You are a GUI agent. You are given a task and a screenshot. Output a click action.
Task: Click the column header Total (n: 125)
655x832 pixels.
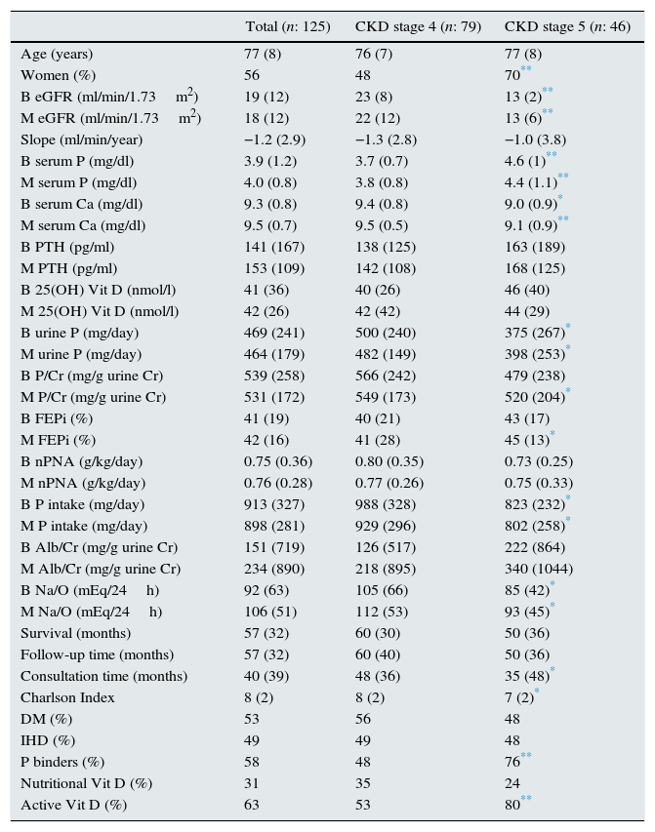coord(288,26)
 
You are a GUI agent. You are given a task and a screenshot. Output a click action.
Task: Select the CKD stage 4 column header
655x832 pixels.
coord(418,26)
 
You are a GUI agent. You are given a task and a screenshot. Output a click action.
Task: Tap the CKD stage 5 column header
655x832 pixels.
coord(567,26)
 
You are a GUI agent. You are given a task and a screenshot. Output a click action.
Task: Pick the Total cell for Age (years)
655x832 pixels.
coord(262,54)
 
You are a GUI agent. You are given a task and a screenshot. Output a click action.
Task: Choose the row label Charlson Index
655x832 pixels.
coord(67,697)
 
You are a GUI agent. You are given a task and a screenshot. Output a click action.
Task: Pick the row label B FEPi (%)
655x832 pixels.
coord(58,418)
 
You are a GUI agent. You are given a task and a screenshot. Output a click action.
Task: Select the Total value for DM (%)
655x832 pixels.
coord(253,719)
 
